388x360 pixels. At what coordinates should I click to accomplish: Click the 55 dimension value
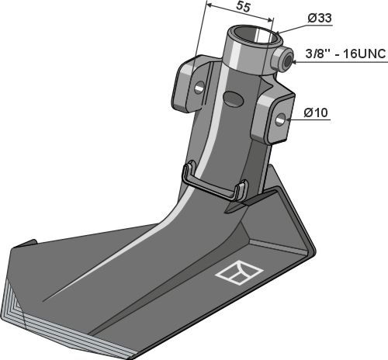[244, 7]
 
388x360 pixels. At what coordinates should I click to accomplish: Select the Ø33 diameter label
[320, 18]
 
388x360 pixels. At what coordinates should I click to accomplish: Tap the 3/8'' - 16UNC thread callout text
[345, 54]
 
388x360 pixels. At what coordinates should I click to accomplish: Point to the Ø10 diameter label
[316, 112]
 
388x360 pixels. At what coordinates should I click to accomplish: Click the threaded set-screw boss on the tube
[283, 61]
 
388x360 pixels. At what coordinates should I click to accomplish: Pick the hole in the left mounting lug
[200, 88]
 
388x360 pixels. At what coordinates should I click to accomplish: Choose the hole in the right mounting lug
[281, 119]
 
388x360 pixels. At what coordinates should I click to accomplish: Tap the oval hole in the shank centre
[234, 99]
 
